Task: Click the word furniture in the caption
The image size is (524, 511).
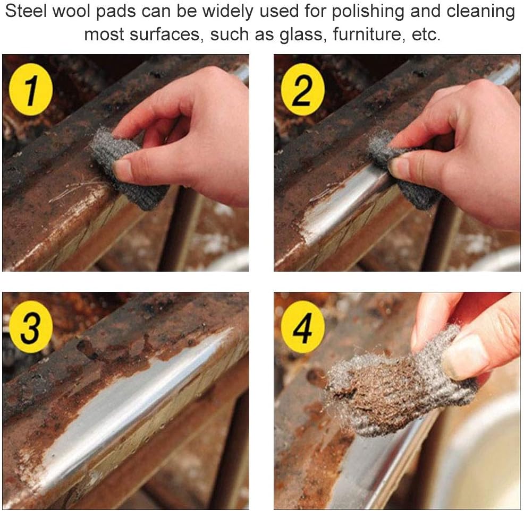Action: [x=369, y=34]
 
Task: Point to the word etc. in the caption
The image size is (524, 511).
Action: [x=426, y=34]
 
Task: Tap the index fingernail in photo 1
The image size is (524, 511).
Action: [x=122, y=168]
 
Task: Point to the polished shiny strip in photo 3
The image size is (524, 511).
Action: [x=134, y=401]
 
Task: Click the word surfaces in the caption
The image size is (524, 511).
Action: [x=165, y=34]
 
